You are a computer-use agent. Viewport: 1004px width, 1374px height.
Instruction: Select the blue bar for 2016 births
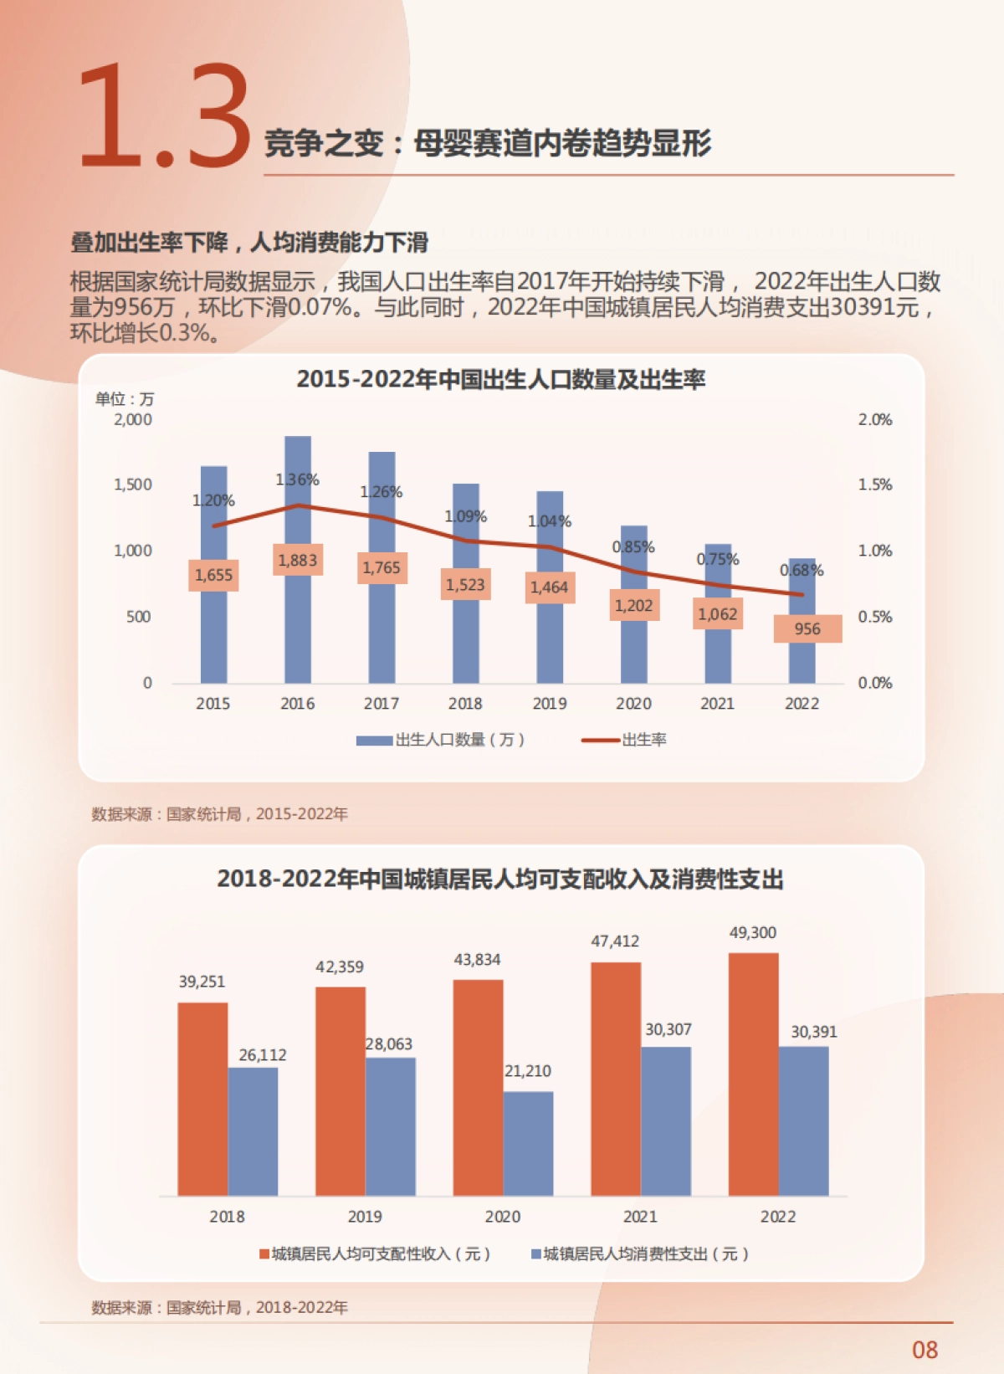tap(298, 636)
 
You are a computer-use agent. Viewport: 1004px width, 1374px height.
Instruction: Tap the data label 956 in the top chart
tap(807, 629)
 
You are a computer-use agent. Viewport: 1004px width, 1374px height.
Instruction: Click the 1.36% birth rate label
tap(297, 480)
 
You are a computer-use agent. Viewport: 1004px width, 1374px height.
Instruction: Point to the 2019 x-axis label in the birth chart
tap(549, 704)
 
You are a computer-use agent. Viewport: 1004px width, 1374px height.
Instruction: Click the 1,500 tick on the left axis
tap(133, 484)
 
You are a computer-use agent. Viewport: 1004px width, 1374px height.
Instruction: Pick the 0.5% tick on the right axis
tap(874, 617)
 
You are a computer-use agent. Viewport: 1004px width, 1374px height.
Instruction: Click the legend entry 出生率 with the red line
tap(626, 740)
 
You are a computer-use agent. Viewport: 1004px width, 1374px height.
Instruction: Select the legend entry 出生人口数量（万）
tap(441, 740)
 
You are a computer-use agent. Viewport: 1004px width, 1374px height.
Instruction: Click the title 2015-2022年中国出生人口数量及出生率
tap(500, 380)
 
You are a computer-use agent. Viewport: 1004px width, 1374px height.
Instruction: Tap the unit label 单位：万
tap(125, 399)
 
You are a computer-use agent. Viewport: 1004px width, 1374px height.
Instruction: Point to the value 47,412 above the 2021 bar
tap(615, 941)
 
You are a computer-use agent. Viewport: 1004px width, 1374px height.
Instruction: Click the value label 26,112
tap(262, 1055)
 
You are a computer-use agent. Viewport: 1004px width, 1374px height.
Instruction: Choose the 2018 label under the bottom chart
tap(227, 1217)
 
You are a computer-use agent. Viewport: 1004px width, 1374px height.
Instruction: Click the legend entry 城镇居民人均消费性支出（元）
tap(641, 1254)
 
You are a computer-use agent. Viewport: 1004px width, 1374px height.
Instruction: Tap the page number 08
tap(925, 1350)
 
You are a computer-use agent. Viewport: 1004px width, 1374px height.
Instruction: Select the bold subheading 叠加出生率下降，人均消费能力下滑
tap(249, 243)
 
